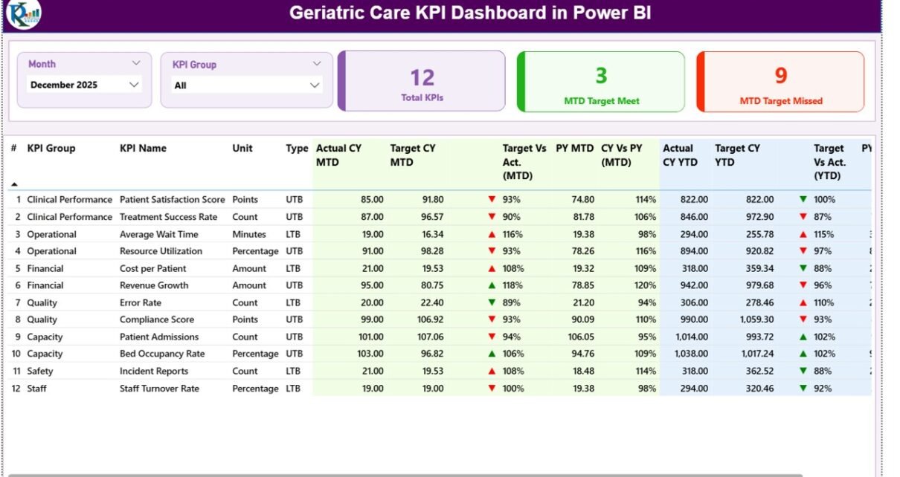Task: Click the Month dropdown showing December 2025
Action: (x=84, y=85)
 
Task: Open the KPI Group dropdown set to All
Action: (x=246, y=85)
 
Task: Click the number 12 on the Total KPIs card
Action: (x=422, y=77)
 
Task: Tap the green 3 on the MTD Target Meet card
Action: (x=601, y=76)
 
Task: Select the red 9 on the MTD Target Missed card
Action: (x=780, y=76)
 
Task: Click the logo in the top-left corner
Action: (x=22, y=14)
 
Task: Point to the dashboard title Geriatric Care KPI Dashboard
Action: (x=470, y=13)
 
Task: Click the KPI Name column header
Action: (x=143, y=148)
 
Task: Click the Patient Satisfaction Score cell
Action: (x=172, y=200)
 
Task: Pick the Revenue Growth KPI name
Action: (x=154, y=285)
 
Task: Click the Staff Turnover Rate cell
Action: (x=159, y=389)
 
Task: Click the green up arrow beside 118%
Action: (x=492, y=285)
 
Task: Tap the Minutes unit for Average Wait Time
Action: (x=248, y=234)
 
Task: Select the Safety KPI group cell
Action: (x=40, y=371)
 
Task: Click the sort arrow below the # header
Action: (x=14, y=184)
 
